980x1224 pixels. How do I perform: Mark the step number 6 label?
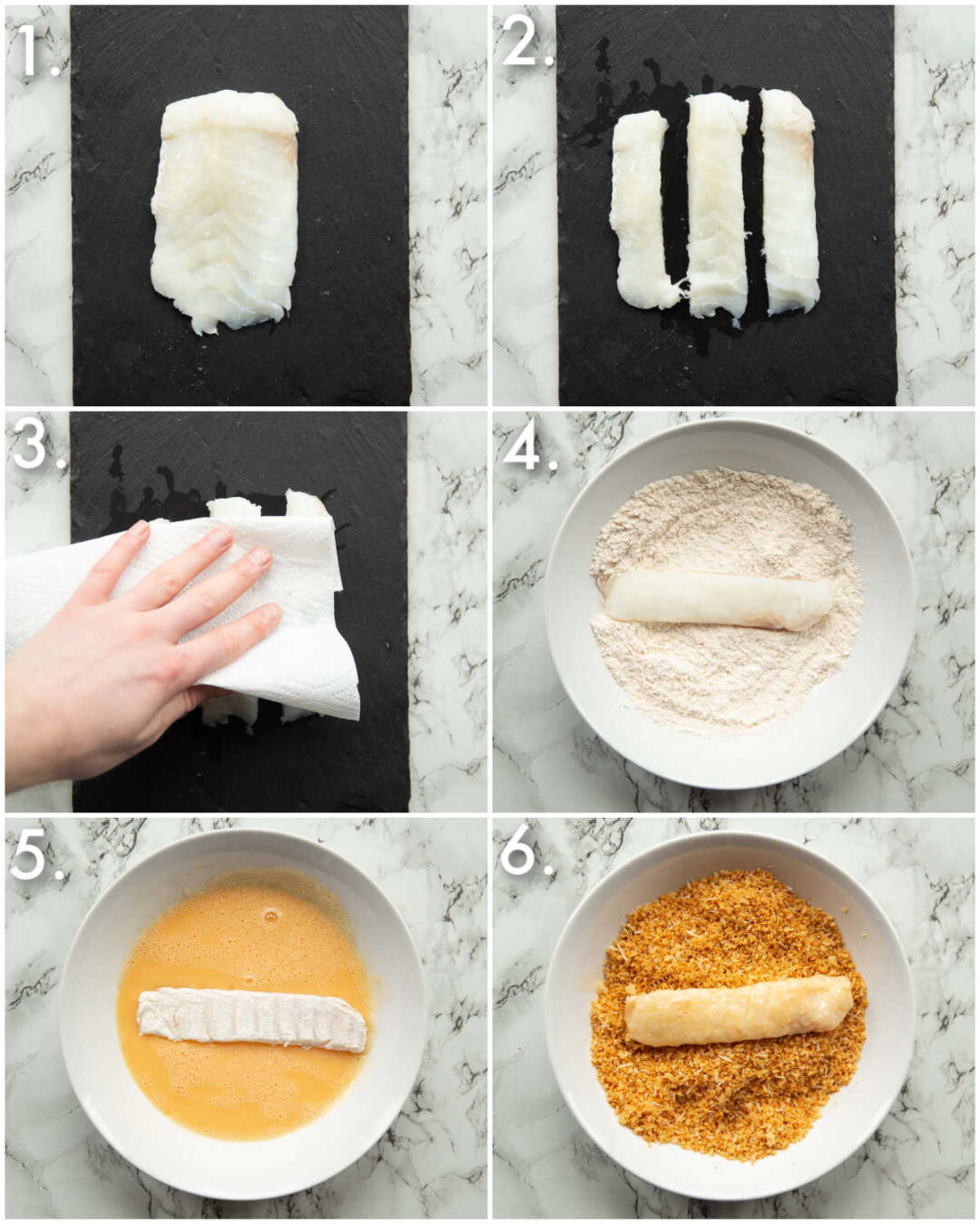(526, 854)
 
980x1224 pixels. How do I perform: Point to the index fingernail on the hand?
(218, 539)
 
